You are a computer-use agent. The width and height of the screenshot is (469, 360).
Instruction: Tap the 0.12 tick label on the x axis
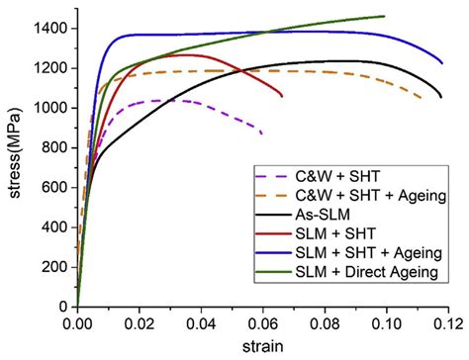[447, 322]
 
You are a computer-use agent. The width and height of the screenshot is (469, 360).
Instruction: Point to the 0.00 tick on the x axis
[77, 322]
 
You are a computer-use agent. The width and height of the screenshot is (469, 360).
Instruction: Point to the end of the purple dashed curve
[262, 134]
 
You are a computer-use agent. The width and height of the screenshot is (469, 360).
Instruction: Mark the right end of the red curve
[282, 96]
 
